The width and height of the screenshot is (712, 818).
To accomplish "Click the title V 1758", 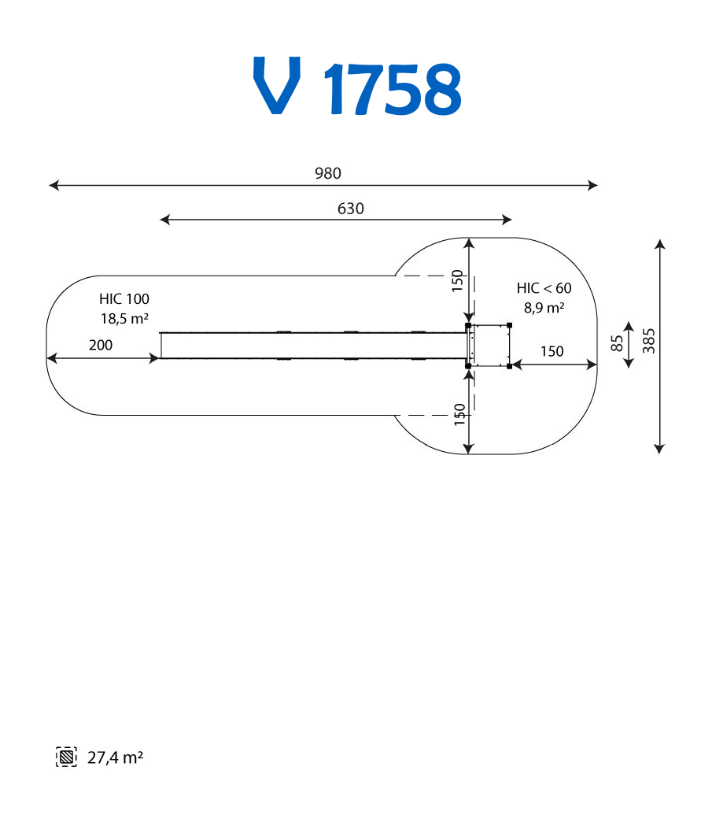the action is point(357,86).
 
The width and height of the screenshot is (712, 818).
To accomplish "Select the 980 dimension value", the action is point(328,173).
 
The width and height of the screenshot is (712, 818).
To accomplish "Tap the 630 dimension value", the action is point(350,209).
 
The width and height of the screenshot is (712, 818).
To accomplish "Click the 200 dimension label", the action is point(101,345).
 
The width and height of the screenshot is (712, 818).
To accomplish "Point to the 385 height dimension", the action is point(648,341).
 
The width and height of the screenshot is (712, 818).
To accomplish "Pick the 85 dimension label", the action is point(617,343).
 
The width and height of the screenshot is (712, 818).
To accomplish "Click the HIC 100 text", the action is point(124,299).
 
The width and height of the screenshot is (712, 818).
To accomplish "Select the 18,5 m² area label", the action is point(124,318).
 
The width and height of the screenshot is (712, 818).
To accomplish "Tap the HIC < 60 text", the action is point(544,288).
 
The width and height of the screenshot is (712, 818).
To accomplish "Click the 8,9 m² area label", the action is point(544,307).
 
